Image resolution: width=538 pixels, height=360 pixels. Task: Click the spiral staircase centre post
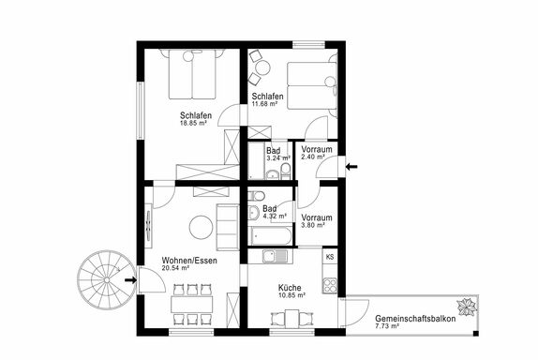pyautogui.click(x=107, y=280)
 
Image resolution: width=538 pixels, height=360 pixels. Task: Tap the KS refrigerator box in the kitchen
pyautogui.click(x=330, y=257)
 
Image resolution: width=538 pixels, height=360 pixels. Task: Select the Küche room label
pyautogui.click(x=290, y=288)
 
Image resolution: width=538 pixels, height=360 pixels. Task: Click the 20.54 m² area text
pyautogui.click(x=175, y=268)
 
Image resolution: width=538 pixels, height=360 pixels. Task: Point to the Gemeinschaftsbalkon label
pyautogui.click(x=415, y=319)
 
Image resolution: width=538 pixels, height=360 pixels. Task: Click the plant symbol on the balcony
pyautogui.click(x=467, y=307)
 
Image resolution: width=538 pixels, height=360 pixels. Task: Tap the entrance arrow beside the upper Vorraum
pyautogui.click(x=351, y=167)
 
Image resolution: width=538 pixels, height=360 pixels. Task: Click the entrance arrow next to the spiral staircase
pyautogui.click(x=130, y=280)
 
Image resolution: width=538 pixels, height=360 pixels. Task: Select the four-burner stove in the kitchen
pyautogui.click(x=330, y=286)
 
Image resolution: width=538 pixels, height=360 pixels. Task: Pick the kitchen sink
pyautogui.click(x=275, y=256)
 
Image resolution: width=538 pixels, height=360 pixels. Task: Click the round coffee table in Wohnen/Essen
pyautogui.click(x=202, y=227)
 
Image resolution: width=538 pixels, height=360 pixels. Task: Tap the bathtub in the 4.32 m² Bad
pyautogui.click(x=271, y=236)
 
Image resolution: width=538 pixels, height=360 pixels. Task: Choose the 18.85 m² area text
pyautogui.click(x=193, y=123)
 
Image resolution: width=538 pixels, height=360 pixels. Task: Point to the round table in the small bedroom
pyautogui.click(x=262, y=67)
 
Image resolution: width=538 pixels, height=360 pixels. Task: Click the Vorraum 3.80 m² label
pyautogui.click(x=317, y=221)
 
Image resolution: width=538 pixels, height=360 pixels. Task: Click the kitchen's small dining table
pyautogui.click(x=291, y=319)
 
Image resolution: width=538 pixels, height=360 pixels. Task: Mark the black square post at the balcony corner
pyautogui.click(x=476, y=333)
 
